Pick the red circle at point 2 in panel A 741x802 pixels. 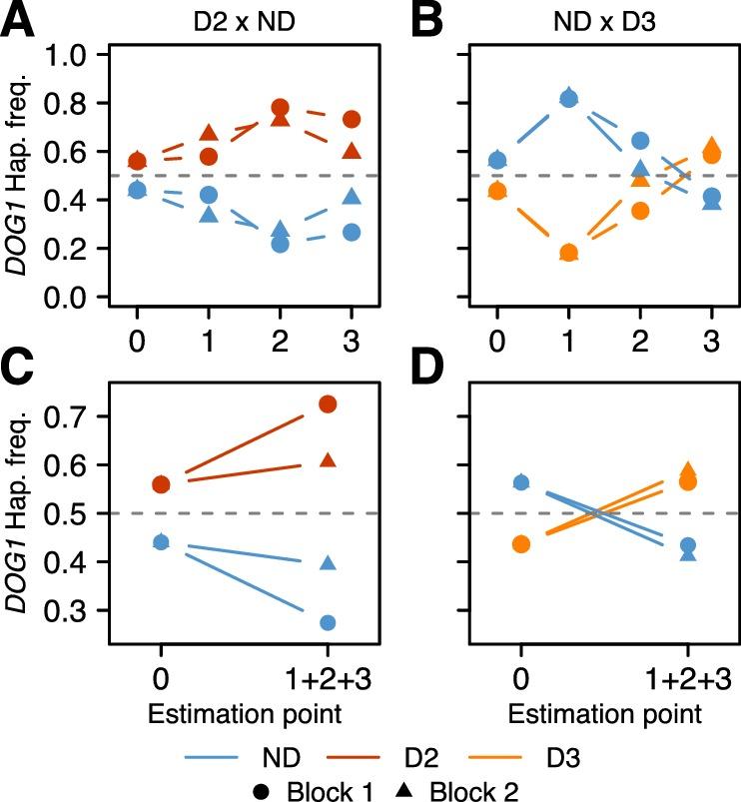click(x=281, y=108)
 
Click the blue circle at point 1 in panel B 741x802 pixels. click(x=568, y=98)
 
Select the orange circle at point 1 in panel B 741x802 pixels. click(x=568, y=253)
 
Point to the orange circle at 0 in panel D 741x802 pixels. click(x=520, y=544)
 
